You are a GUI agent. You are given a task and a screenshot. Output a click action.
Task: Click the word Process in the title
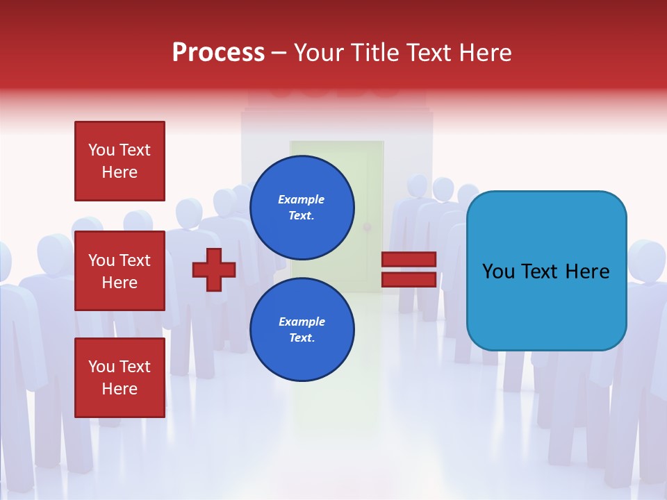point(218,53)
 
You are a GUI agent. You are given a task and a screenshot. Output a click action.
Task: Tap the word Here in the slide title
point(486,53)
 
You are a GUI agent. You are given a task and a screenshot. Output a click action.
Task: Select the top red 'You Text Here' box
point(120,161)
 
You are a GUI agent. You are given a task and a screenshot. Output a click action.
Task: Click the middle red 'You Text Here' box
point(120,271)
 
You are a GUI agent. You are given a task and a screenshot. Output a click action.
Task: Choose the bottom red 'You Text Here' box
point(120,378)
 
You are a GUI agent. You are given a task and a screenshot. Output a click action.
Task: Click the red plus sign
point(214,269)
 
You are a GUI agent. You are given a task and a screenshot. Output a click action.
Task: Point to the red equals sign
point(409,269)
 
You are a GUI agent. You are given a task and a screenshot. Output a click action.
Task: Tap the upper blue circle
point(302,207)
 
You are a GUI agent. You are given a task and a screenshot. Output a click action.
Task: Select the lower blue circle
point(302,330)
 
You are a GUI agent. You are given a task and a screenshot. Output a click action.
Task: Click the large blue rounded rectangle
point(546,271)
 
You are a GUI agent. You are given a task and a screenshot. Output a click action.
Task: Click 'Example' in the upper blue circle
point(302,199)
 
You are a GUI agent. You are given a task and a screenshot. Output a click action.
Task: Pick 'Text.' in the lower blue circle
point(302,338)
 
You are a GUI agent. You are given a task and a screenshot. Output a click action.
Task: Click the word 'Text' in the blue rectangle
point(547,272)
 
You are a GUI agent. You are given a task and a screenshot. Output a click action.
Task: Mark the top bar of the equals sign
point(409,260)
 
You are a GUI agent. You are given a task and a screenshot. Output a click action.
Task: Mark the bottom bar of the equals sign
point(409,279)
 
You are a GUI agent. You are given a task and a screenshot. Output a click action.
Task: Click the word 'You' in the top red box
point(101,150)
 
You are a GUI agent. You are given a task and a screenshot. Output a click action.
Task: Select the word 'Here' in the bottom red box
point(120,389)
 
